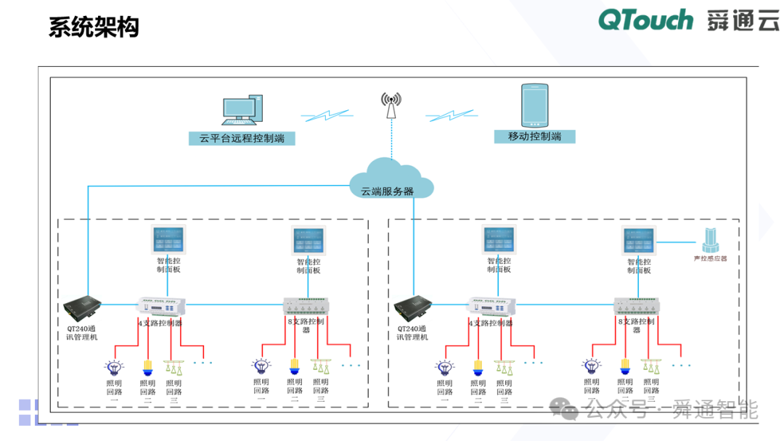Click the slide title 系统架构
pos(94,27)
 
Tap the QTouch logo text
pos(645,20)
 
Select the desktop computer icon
pos(241,111)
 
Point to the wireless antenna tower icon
pos(391,105)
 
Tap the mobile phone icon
pos(535,104)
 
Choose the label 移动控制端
pos(534,136)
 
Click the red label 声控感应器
pos(709,259)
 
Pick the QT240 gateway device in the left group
pos(81,307)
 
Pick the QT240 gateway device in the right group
pos(413,307)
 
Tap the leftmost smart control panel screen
pos(168,239)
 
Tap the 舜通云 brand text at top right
pos(743,20)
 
